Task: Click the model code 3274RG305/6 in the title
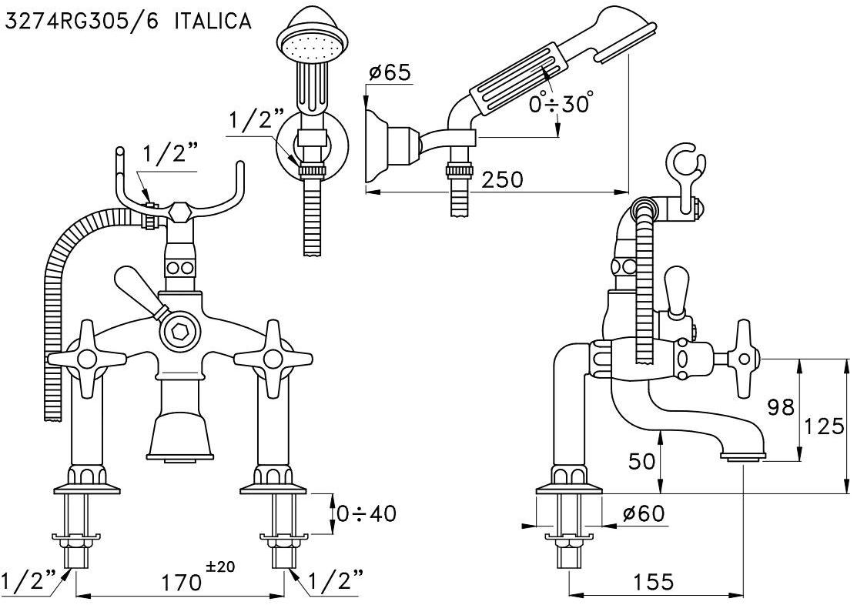pos(82,21)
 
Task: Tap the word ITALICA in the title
pos(213,21)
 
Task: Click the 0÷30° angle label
pos(561,103)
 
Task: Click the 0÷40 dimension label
pos(366,513)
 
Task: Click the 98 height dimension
pos(780,407)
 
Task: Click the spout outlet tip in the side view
pos(742,459)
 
